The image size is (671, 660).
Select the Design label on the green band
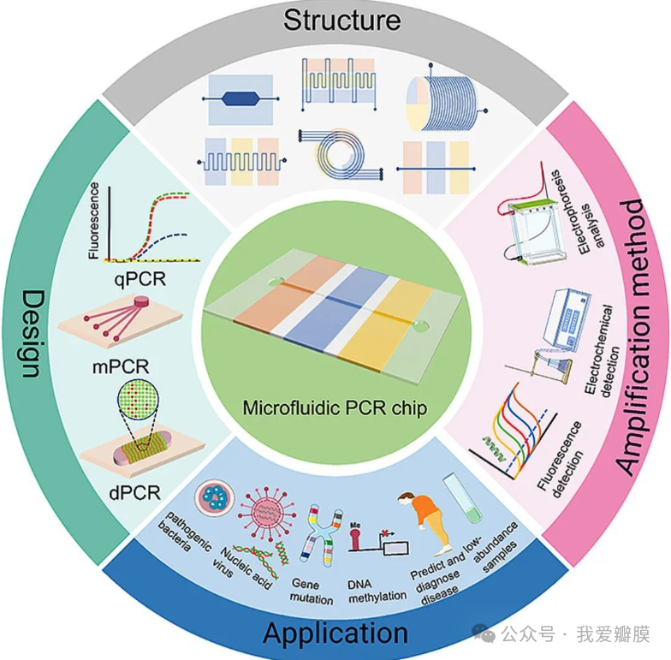pyautogui.click(x=31, y=333)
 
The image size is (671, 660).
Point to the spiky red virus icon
pyautogui.click(x=264, y=512)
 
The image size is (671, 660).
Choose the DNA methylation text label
pyautogui.click(x=377, y=591)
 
